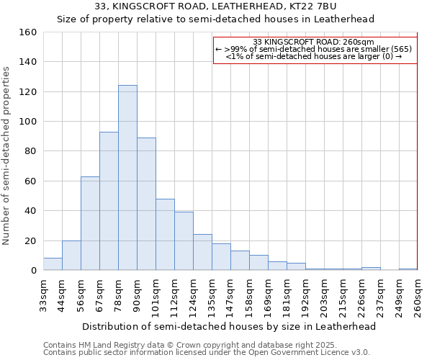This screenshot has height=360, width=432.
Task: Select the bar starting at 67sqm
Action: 109,201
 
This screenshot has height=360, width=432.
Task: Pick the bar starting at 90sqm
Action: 146,204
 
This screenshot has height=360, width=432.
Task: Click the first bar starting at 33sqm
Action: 53,264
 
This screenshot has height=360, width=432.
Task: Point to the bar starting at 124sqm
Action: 202,252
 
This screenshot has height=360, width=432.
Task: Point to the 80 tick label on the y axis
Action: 30,151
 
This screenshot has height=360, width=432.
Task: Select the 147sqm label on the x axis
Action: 230,294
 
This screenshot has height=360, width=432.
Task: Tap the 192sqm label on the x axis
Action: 305,294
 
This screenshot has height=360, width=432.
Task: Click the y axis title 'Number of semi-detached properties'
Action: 6,156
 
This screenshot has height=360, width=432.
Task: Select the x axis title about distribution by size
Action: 229,326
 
